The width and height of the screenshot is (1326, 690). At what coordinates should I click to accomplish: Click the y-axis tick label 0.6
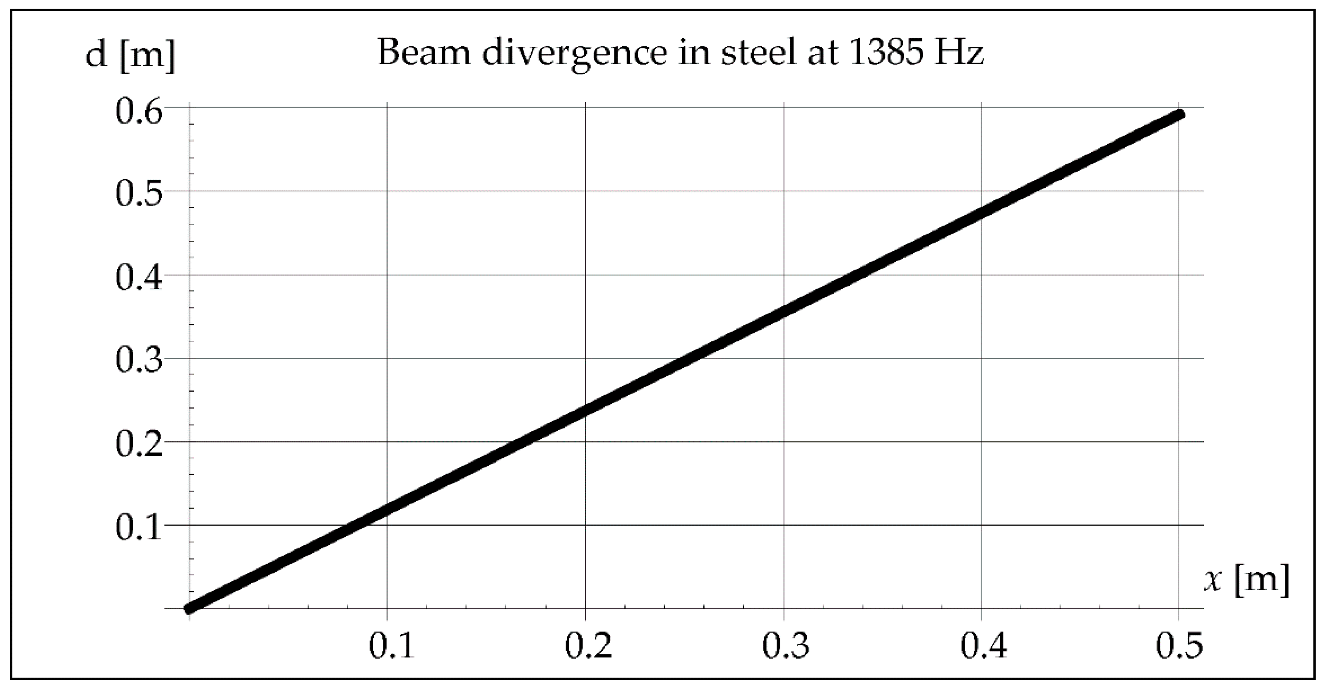coord(138,112)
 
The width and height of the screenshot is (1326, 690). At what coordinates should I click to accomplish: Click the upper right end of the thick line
coord(1179,115)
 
